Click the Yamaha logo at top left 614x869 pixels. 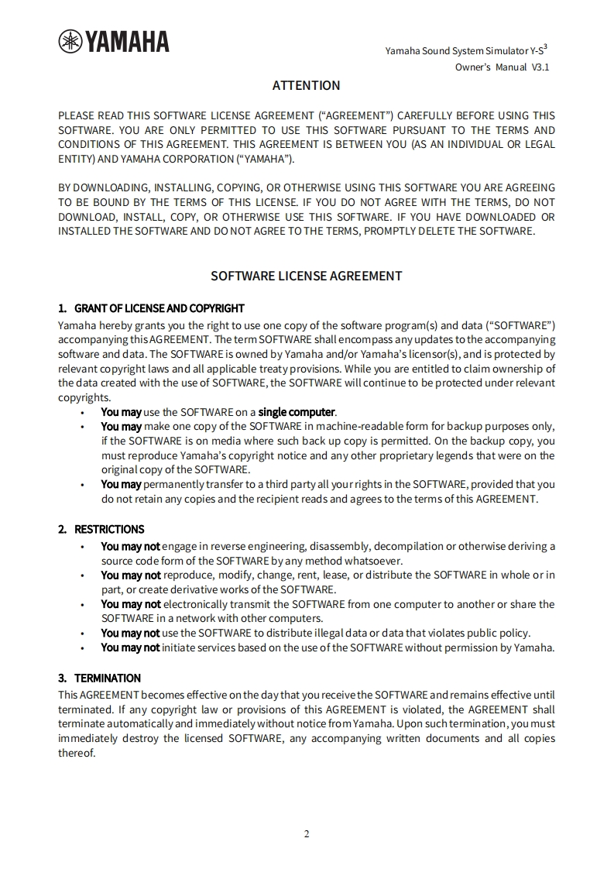(114, 42)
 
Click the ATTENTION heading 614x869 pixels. (306, 85)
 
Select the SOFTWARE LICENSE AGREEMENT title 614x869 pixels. (307, 276)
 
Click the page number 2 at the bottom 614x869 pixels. (307, 834)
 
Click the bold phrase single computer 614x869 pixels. (297, 412)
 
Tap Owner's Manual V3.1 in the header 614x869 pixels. (502, 68)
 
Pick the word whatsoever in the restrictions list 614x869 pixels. (376, 561)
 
